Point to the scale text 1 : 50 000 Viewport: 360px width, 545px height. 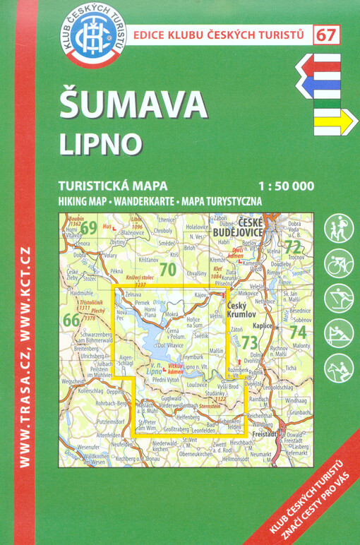pyautogui.click(x=286, y=187)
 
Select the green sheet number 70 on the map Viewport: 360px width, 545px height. pyautogui.click(x=167, y=269)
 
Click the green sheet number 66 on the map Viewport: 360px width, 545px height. pyautogui.click(x=71, y=320)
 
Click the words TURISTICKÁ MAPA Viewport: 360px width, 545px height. pyautogui.click(x=107, y=187)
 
